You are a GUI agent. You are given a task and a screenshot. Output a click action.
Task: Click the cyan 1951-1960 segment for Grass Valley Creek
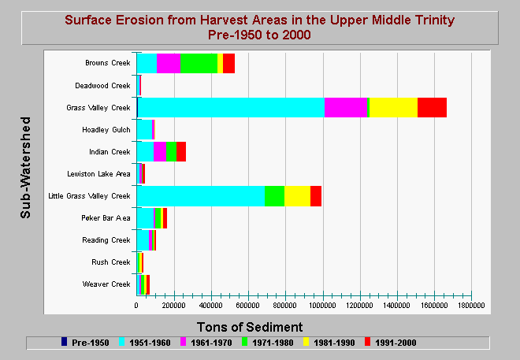coord(231,107)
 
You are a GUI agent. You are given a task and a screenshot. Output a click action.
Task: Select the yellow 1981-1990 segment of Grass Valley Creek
coord(393,107)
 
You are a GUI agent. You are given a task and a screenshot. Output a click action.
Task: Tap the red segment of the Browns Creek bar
coord(228,63)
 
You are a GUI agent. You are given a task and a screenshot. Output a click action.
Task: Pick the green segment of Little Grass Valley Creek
coord(274,196)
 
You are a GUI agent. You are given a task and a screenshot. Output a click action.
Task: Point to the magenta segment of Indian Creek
coord(160,151)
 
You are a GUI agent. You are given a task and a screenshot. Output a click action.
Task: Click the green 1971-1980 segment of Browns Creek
coord(199,63)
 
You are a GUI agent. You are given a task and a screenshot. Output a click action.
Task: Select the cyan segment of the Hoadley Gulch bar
coord(144,130)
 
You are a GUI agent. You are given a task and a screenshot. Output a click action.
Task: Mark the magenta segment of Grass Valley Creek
coord(346,107)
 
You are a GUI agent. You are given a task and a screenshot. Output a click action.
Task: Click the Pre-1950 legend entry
coord(85,343)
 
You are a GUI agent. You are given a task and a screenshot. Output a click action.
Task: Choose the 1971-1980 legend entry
coord(268,343)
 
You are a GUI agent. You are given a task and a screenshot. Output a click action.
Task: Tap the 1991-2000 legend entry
coord(390,343)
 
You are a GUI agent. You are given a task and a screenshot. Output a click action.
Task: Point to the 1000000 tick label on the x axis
coord(323,306)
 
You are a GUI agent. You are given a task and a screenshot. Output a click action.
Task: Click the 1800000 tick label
coord(471,306)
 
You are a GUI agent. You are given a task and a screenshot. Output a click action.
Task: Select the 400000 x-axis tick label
coord(210,306)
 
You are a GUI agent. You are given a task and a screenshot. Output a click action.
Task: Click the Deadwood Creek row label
coord(102,86)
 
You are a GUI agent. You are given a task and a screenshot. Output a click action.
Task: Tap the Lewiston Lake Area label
coord(98,174)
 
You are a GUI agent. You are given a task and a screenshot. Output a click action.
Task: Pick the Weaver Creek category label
coord(106,284)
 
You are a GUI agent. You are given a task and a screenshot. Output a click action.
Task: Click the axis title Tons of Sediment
coord(250,327)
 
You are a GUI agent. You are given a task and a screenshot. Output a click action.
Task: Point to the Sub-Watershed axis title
coord(25,168)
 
